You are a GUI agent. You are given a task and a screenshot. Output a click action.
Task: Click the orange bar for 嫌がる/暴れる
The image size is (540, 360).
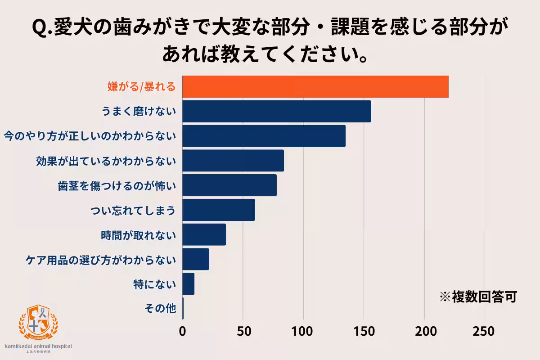(x=315, y=87)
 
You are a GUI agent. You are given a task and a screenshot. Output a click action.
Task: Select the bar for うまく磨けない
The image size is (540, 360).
(x=277, y=111)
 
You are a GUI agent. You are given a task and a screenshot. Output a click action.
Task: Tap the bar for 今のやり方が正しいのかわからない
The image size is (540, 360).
(x=264, y=136)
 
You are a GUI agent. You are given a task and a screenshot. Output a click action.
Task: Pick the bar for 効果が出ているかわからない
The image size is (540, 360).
(x=233, y=161)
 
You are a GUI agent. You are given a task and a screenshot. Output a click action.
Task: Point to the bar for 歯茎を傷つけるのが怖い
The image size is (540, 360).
(x=229, y=185)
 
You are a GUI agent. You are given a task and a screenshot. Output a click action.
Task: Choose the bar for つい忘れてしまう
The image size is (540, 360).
(x=219, y=210)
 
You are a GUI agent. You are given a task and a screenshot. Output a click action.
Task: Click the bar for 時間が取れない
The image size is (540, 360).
(x=204, y=234)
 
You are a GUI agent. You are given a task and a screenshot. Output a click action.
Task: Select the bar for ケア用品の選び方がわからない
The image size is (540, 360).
(x=196, y=259)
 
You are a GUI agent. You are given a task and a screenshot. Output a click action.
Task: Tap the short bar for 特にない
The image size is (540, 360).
(x=188, y=284)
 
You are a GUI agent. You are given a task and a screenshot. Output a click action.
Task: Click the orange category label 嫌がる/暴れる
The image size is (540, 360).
(x=141, y=87)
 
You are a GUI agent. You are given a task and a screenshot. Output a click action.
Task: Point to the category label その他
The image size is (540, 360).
(x=160, y=309)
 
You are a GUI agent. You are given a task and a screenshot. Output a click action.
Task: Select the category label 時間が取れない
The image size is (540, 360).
(x=139, y=235)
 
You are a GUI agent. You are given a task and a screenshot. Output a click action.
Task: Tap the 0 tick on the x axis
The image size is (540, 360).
(x=183, y=331)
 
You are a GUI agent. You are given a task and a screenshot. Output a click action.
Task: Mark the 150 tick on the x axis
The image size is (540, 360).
(x=364, y=331)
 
